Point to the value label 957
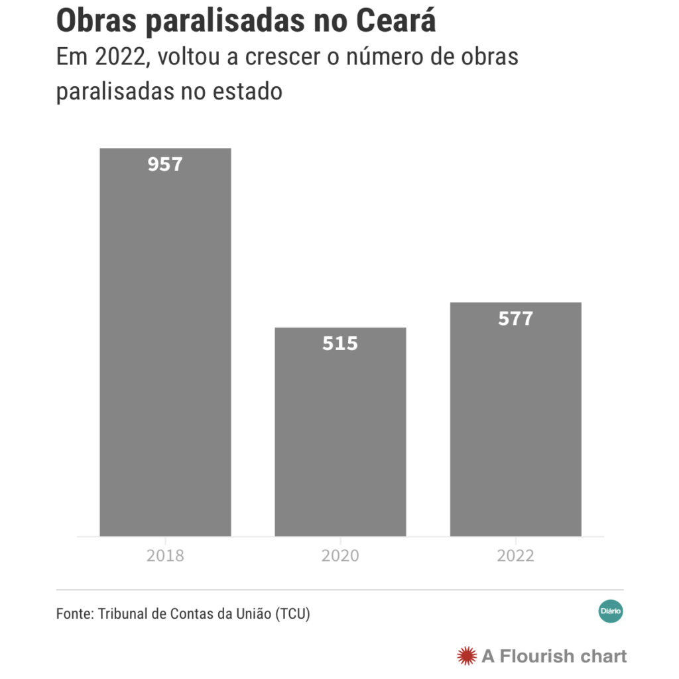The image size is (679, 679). [165, 164]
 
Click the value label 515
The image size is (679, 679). [340, 343]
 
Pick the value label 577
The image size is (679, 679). [515, 319]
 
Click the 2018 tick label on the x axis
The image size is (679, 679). [165, 556]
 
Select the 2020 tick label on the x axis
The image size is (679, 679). [340, 556]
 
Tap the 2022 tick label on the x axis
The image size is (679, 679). [515, 556]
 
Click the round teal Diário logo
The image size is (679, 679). [611, 610]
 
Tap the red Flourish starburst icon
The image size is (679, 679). [467, 656]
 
